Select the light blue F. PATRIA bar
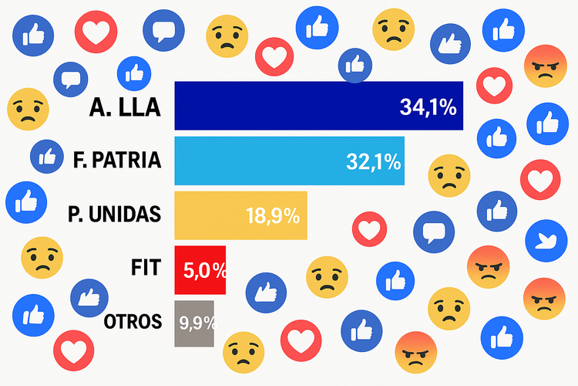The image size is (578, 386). coord(254,161)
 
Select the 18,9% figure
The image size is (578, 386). coord(272,216)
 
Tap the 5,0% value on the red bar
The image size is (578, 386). coord(205,271)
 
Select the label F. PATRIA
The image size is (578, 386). coord(118,161)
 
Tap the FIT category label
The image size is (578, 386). coord(146,269)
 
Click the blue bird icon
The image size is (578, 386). coord(546,240)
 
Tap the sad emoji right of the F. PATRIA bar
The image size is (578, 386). coord(449,175)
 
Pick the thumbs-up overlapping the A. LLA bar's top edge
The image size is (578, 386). coord(355,66)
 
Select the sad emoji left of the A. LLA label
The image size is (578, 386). coord(28,109)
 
